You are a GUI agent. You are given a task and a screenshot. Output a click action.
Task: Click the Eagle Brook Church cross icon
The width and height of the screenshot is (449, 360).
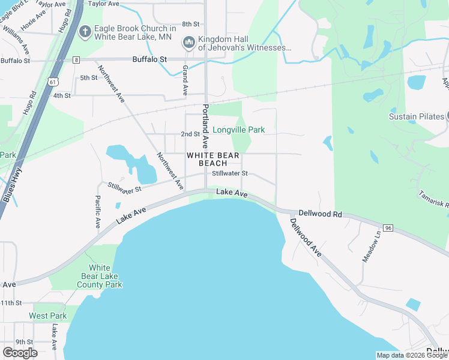pos(85,31)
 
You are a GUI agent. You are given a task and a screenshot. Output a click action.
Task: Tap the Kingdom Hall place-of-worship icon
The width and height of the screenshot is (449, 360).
pos(188,42)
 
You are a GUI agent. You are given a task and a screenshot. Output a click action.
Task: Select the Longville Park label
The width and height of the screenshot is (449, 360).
pos(238,130)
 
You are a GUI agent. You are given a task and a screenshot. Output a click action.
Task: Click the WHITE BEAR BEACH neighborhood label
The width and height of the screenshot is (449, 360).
pos(213,159)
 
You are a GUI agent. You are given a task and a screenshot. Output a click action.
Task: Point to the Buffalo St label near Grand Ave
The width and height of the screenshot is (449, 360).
pos(149,60)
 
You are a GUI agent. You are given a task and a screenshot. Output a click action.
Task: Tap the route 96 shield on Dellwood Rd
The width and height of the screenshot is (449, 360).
pos(388,228)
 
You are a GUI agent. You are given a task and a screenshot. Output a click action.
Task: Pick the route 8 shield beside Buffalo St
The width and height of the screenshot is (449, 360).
pos(76,60)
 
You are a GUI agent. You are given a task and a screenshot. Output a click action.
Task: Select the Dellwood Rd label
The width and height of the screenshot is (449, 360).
pos(320,214)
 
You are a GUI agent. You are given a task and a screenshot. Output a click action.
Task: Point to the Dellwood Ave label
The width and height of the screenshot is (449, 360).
pos(306,238)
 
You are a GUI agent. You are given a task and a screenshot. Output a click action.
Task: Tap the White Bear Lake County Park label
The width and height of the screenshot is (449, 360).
pos(100,277)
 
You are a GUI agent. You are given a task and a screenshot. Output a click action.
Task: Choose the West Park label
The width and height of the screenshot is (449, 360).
pos(48,316)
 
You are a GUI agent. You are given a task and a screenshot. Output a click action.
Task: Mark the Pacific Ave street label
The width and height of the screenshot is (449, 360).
pos(97,212)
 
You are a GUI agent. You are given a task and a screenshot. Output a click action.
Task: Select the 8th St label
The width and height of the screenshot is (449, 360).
pos(190,24)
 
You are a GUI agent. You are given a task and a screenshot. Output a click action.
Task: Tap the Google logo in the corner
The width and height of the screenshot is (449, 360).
pos(20,353)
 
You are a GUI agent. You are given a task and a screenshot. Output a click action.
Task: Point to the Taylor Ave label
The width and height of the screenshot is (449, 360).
pos(101,4)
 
